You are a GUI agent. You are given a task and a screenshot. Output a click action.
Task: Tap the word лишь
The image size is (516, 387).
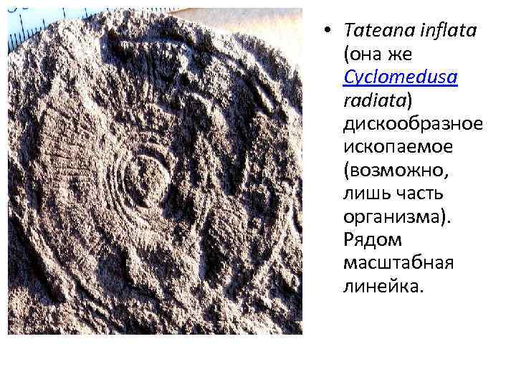(364, 193)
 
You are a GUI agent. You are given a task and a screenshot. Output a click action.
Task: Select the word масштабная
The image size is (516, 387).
(398, 262)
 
